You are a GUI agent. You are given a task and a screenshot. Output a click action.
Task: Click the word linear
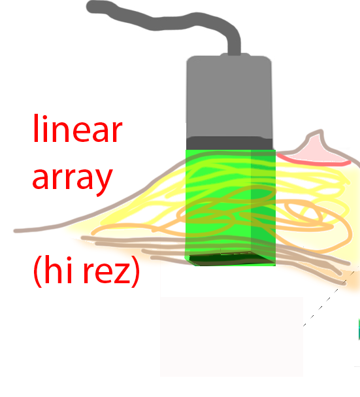78,129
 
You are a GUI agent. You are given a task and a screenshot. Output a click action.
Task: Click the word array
73,179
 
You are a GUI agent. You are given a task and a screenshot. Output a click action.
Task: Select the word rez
106,273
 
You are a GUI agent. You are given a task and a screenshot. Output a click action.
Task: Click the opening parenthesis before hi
38,271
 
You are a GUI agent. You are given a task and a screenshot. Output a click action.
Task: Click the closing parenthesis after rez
135,271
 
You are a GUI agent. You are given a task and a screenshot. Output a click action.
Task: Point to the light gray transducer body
229,97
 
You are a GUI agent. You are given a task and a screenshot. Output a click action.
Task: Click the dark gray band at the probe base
229,143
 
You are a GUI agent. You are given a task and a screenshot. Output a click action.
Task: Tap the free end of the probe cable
91,7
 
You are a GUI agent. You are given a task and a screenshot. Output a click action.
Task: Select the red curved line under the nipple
314,160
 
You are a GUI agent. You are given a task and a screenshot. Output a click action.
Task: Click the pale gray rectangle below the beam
232,337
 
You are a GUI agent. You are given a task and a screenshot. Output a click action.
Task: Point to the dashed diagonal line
329,299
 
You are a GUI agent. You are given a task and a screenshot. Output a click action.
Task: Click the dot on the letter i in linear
45,118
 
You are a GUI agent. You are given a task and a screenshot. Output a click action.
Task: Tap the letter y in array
104,182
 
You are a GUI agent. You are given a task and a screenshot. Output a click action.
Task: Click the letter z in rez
122,273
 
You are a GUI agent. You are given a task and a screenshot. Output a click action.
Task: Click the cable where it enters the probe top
235,54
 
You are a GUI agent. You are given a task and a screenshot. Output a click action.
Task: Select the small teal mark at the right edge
359,328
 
